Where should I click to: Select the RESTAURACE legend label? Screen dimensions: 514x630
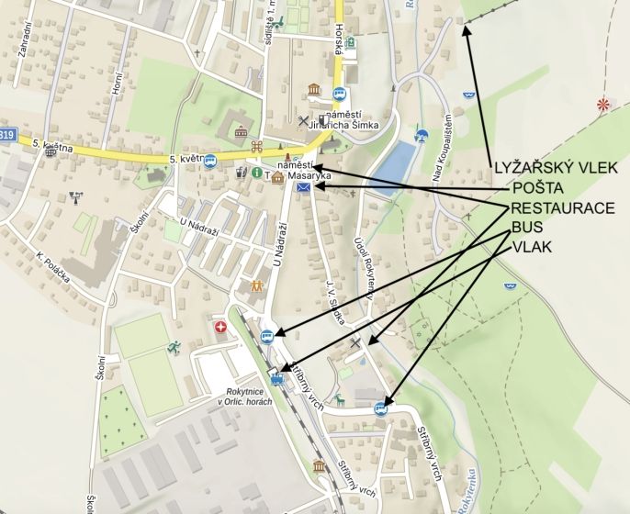click(563, 208)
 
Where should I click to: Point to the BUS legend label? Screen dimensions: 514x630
click(526, 228)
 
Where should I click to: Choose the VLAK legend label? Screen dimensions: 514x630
click(531, 247)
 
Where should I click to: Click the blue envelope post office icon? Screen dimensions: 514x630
click(303, 187)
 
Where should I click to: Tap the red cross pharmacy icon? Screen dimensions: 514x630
click(220, 327)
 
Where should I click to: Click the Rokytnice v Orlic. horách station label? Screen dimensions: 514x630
click(240, 397)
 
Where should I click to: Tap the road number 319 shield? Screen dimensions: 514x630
click(7, 135)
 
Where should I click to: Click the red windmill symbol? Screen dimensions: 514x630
click(602, 105)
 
